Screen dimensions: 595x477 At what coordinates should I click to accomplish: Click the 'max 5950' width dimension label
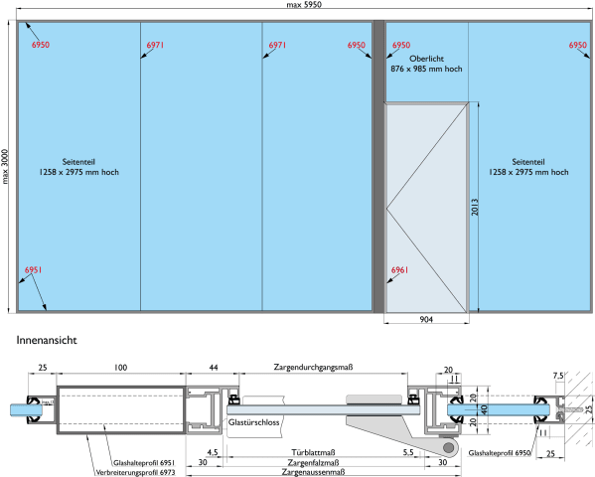tap(304, 5)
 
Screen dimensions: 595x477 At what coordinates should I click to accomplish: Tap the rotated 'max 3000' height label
tap(5, 166)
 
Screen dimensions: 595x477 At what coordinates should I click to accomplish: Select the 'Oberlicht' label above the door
tap(426, 59)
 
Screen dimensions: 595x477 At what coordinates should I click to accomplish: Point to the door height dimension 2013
tap(475, 207)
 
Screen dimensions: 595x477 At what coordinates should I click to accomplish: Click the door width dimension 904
tap(426, 319)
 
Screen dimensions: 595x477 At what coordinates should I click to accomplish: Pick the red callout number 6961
tap(399, 270)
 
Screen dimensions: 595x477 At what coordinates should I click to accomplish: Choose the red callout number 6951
tap(33, 270)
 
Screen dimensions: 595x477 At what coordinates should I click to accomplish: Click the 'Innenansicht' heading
tap(47, 340)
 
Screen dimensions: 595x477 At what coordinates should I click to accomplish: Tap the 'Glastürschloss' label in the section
tap(253, 422)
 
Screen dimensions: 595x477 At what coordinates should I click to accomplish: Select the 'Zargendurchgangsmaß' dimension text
tap(313, 368)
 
